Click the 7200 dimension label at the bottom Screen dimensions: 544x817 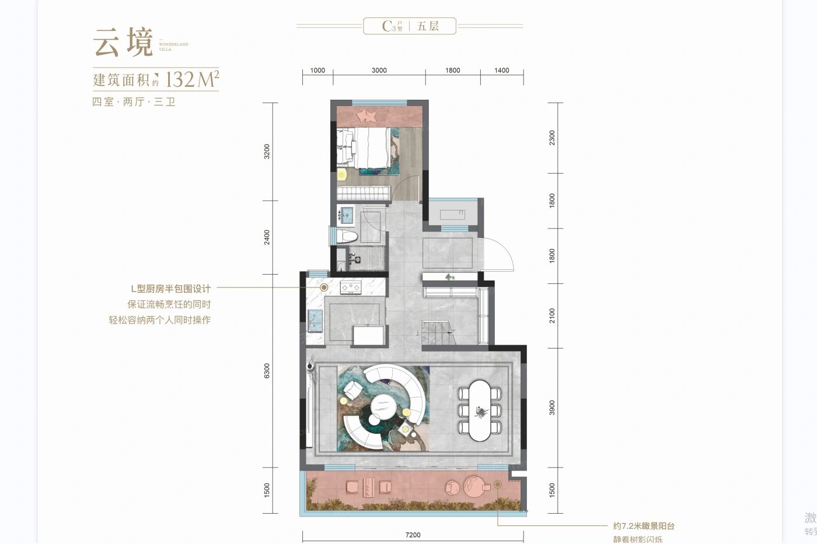click(412, 535)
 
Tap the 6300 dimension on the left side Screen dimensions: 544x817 click(267, 371)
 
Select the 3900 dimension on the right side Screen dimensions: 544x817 click(552, 408)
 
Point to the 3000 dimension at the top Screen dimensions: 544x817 click(379, 71)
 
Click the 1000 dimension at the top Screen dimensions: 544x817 click(317, 71)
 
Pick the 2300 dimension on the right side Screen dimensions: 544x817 click(552, 138)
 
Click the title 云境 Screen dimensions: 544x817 click(123, 42)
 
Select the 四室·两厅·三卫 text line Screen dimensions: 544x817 click(134, 102)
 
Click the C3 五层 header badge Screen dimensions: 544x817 click(410, 26)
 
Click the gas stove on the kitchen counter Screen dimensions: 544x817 click(351, 286)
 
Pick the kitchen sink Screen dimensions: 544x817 click(317, 318)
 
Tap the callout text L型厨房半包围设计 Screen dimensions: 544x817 click(170, 289)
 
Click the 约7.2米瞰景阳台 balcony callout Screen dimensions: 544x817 click(644, 526)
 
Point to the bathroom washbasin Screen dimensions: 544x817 click(347, 215)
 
